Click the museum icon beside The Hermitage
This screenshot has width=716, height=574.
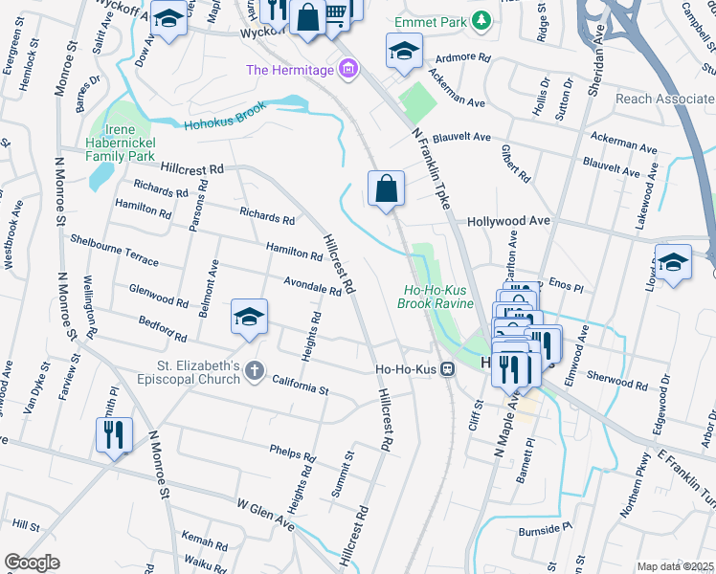click(x=348, y=69)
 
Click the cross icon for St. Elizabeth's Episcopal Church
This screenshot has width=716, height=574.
click(x=254, y=371)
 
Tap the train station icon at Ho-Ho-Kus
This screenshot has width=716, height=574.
click(x=447, y=367)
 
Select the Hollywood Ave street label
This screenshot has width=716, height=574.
click(x=508, y=221)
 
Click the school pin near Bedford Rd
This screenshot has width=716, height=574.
click(x=249, y=317)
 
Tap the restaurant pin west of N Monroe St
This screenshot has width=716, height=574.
click(x=114, y=434)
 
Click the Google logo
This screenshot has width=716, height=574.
click(x=32, y=562)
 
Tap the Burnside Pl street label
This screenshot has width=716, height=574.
click(x=547, y=528)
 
